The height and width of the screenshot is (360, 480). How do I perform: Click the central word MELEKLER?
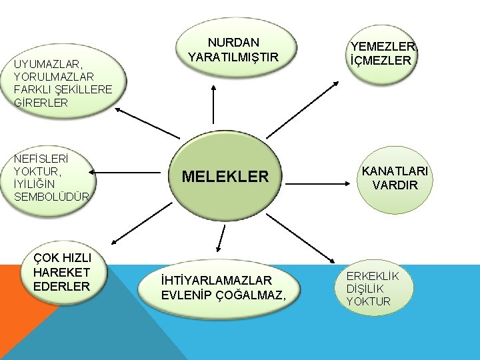click(x=225, y=177)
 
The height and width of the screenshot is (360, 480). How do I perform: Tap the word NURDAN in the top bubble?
click(x=233, y=42)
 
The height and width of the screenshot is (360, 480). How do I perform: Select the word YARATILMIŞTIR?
click(x=233, y=57)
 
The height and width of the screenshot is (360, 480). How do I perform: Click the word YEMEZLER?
click(x=383, y=46)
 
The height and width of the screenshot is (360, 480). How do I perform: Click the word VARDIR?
click(x=395, y=185)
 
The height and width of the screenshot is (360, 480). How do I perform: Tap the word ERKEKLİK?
click(x=373, y=277)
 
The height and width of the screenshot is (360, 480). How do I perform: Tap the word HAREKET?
click(x=61, y=272)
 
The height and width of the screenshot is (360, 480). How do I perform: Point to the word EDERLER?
click(x=61, y=286)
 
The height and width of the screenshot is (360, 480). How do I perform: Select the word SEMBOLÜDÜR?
click(x=51, y=196)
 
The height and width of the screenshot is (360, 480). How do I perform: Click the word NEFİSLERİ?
click(x=41, y=158)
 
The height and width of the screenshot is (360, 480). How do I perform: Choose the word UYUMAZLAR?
click(x=47, y=64)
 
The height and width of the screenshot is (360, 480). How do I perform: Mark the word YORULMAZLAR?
click(x=54, y=77)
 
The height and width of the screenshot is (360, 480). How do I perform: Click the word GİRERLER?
click(x=41, y=103)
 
